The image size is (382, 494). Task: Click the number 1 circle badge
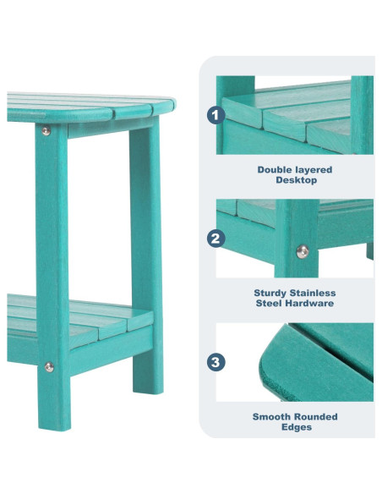coord(216,115)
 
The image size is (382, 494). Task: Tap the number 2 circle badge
coord(216,239)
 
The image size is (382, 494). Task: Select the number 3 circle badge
coord(216,362)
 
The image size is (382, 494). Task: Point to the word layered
coord(314,170)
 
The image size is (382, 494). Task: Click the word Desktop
coord(295,180)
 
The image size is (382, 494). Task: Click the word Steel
coord(270,303)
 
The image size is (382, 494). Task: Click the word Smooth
coord(270,416)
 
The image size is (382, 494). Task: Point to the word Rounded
coord(314,416)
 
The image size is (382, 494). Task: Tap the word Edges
coord(295,427)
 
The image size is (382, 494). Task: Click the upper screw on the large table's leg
coord(46,130)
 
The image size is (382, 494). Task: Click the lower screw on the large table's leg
coord(48,366)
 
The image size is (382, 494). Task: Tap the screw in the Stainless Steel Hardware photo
coord(302,250)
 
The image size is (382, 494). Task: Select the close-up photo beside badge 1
coord(295,115)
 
